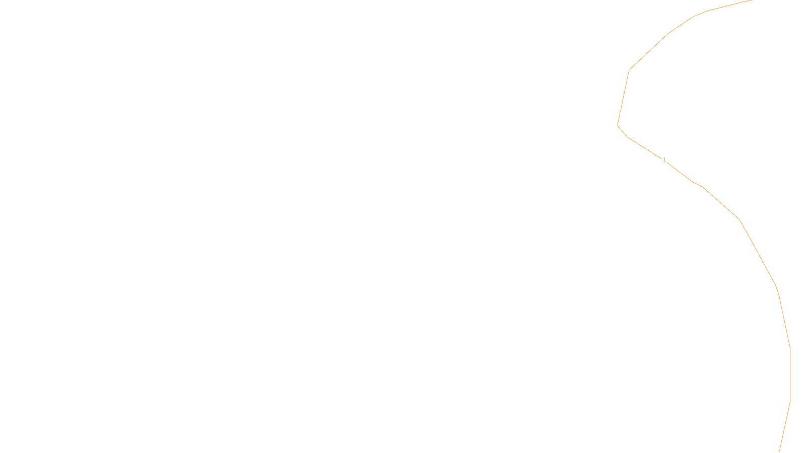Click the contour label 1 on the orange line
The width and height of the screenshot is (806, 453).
tap(664, 160)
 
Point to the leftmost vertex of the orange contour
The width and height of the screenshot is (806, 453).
tap(618, 125)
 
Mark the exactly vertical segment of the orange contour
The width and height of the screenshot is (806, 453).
tap(790, 375)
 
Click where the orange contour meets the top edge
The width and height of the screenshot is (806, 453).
tap(752, 1)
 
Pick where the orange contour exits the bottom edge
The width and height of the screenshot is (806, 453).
tap(779, 452)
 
